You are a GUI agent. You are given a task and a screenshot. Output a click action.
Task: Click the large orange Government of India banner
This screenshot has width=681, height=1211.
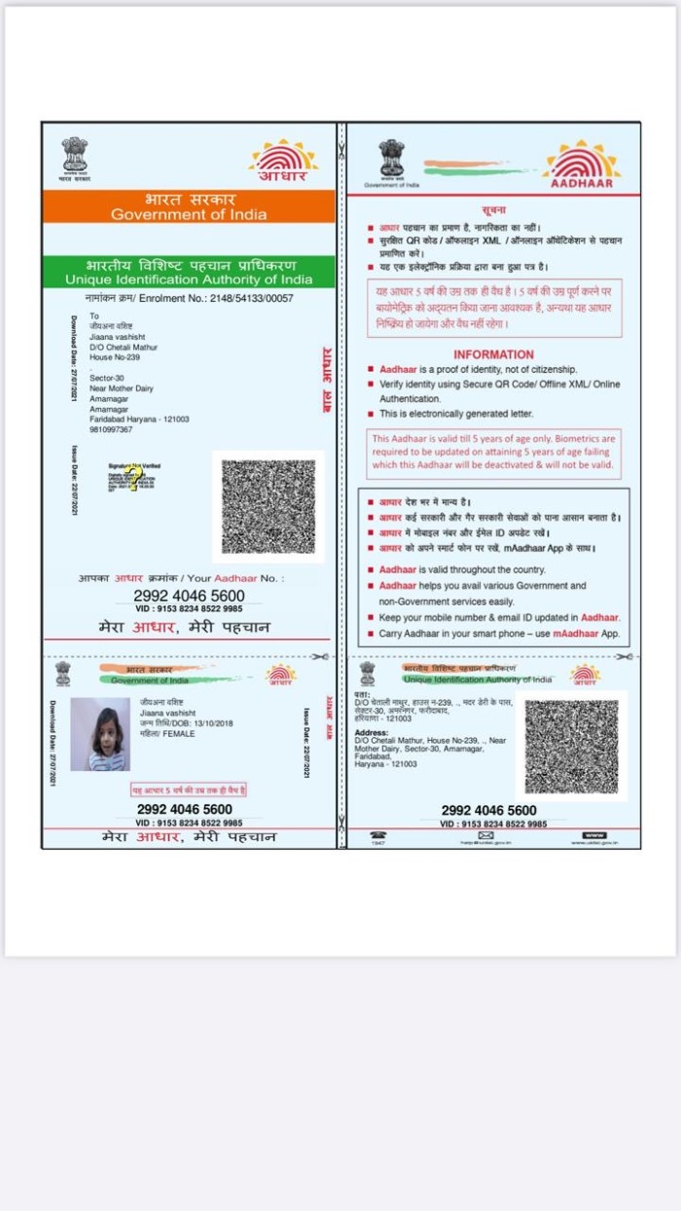189,206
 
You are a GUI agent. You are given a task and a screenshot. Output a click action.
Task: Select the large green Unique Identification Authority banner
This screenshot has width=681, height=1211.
189,272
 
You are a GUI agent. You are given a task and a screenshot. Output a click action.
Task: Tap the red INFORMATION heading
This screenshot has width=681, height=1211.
493,354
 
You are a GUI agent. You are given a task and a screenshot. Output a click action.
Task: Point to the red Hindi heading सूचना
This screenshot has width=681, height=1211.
493,210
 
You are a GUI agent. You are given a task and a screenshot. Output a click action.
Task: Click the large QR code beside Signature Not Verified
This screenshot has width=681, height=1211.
269,506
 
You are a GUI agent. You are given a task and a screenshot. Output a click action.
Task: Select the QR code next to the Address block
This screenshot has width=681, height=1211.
571,746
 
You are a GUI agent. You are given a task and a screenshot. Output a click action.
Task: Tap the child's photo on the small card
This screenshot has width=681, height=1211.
100,734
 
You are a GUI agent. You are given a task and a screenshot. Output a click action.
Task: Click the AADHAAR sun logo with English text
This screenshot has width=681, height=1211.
582,165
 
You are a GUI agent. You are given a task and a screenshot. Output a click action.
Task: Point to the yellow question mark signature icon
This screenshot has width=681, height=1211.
133,477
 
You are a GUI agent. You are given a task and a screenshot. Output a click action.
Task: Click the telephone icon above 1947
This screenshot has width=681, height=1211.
378,834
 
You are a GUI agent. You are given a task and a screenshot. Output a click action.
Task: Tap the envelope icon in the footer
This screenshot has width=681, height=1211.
486,834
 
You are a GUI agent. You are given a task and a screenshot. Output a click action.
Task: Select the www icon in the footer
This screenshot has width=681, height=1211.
593,834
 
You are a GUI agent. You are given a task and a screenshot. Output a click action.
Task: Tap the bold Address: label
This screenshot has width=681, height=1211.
372,732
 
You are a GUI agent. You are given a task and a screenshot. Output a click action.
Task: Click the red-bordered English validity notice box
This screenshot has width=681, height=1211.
493,454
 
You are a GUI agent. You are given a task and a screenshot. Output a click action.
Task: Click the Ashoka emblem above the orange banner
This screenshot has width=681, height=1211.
75,156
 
